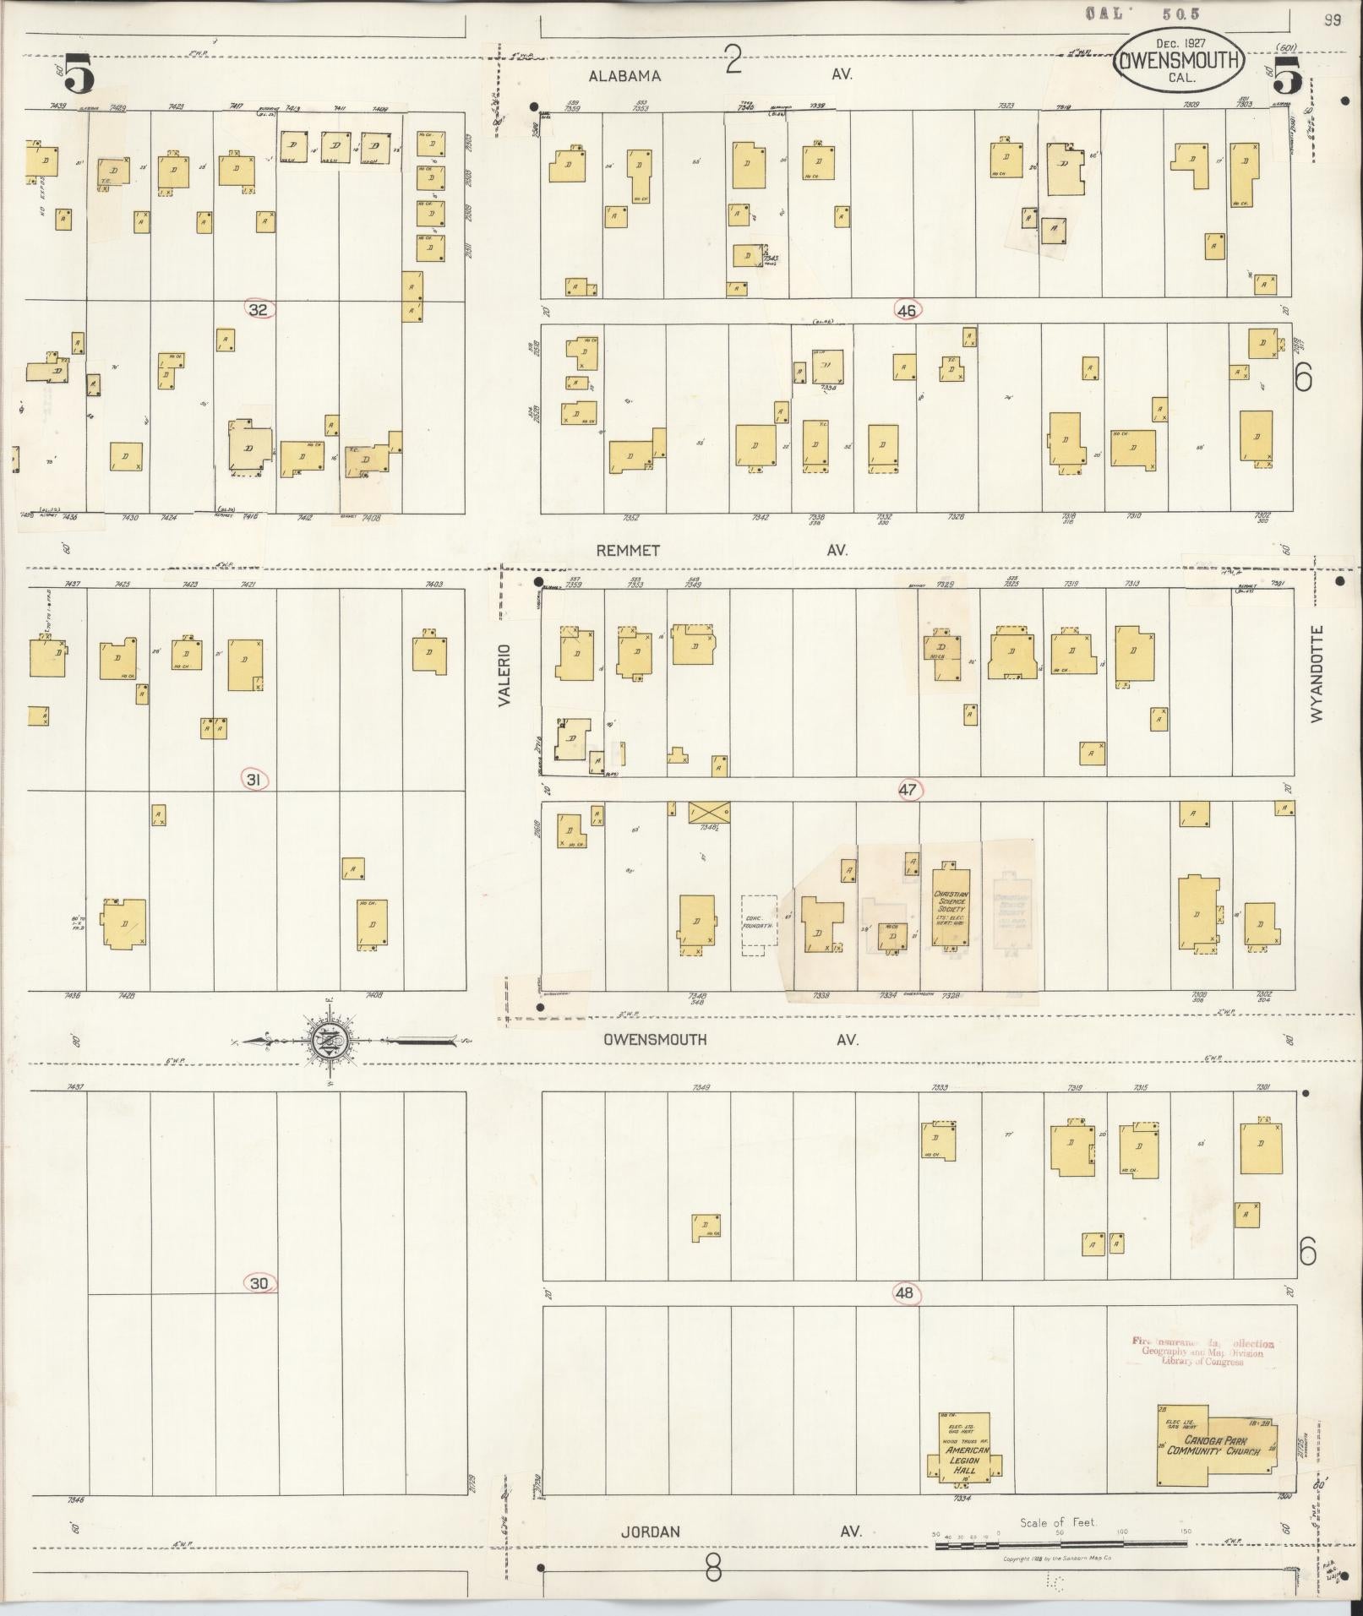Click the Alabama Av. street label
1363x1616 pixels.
tap(625, 76)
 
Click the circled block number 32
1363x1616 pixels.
tap(258, 310)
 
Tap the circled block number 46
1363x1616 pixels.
tap(907, 311)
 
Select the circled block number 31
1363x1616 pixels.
tap(253, 780)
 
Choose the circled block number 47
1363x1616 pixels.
tap(908, 790)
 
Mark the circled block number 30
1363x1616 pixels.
tap(259, 1307)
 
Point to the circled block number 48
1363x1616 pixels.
tap(906, 1293)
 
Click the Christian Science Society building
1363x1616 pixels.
tap(951, 906)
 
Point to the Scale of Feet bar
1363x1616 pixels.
tap(1060, 1543)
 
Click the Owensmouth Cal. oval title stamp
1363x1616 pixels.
tap(1180, 59)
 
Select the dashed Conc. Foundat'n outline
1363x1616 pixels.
tap(758, 926)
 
